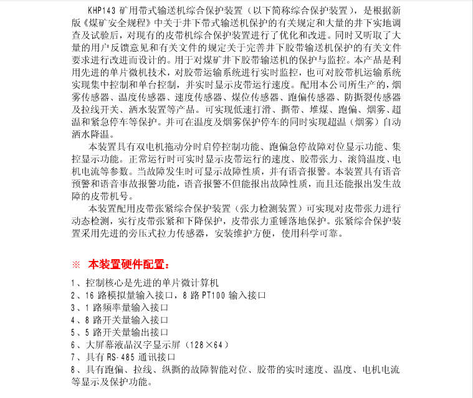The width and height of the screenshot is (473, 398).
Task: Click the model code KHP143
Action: (102, 11)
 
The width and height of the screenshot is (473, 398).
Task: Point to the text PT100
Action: (216, 295)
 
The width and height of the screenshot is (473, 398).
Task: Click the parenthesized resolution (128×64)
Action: (208, 344)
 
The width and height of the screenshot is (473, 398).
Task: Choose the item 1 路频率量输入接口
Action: (125, 308)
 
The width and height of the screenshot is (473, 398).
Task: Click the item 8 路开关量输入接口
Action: (125, 320)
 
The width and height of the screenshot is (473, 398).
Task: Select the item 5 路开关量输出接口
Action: (125, 332)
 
